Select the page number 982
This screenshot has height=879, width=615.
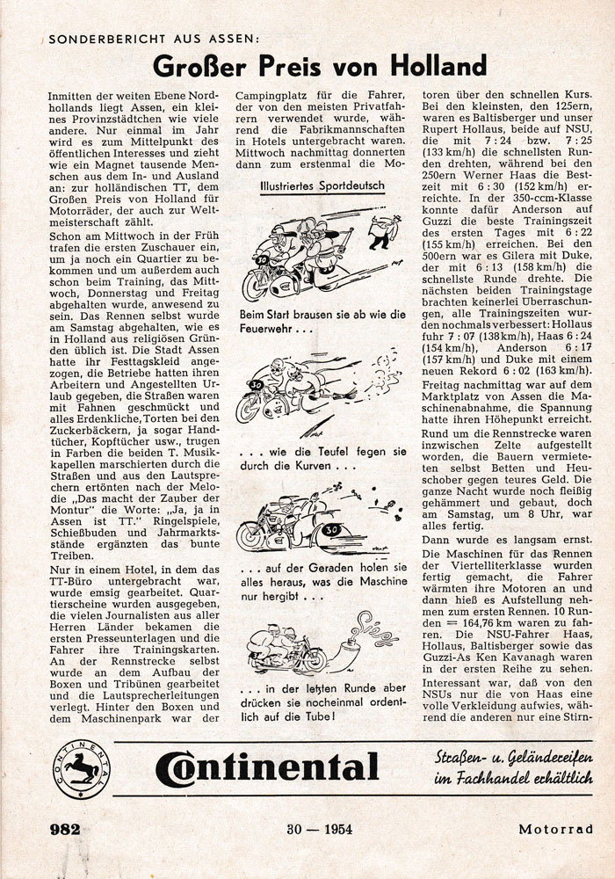[x=65, y=829]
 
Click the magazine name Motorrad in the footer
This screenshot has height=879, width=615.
[x=556, y=829]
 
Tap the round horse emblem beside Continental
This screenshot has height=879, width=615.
[x=81, y=768]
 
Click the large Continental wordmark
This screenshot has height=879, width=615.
[x=267, y=768]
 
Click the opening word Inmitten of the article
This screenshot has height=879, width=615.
[x=70, y=91]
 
